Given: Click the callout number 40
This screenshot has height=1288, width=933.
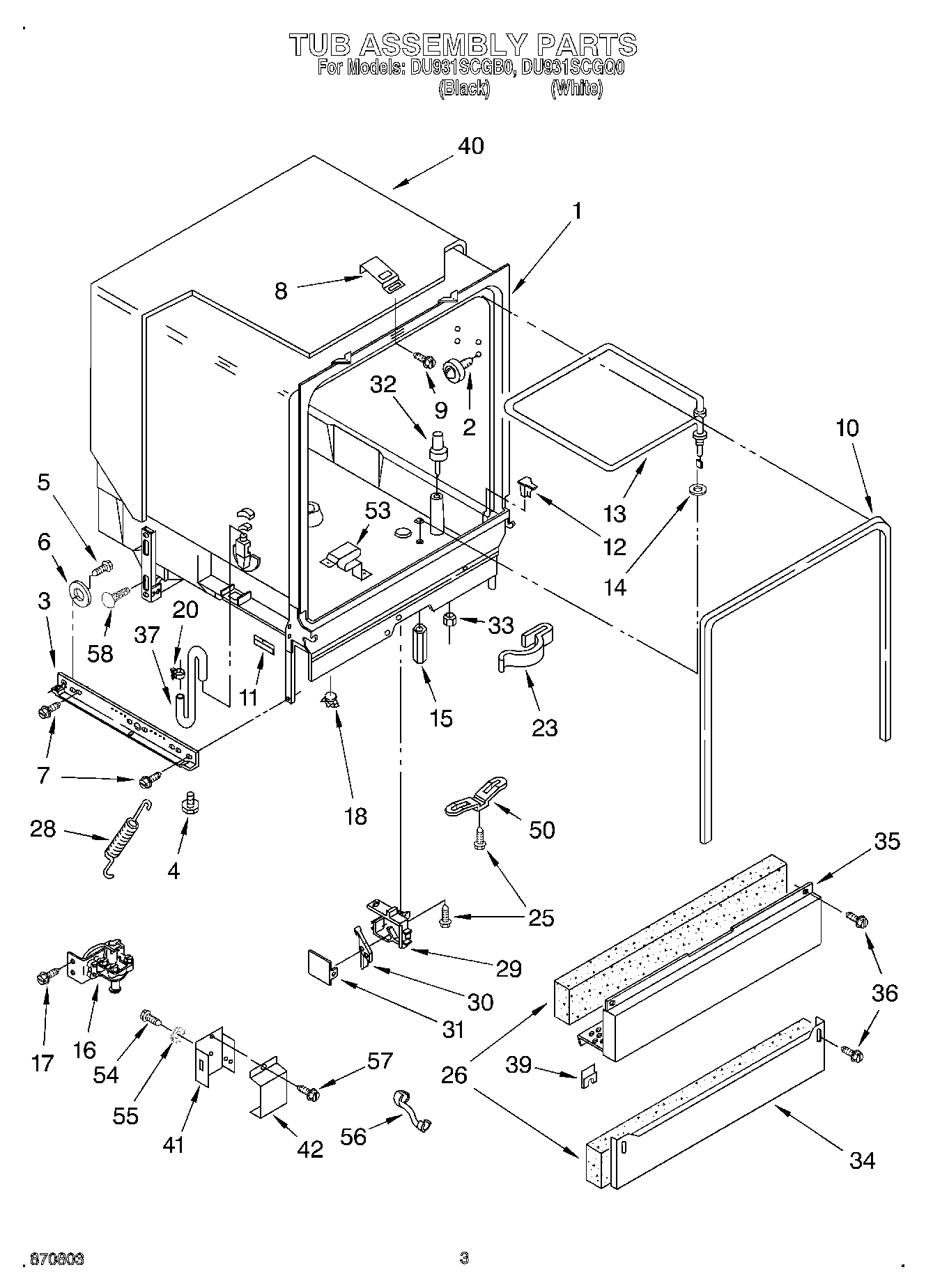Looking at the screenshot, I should [470, 146].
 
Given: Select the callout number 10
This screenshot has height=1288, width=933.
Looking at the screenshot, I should [847, 428].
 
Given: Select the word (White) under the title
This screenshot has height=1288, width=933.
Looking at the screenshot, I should [576, 88].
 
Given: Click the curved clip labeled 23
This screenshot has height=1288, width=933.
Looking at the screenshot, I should [527, 649].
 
